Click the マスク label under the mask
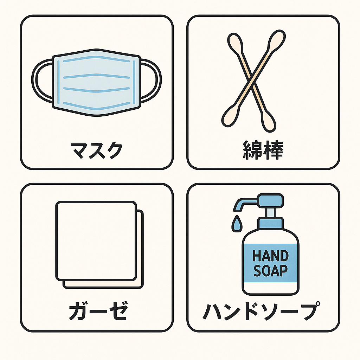97,150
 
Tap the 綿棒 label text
263,150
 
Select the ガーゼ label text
97,311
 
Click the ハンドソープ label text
262,311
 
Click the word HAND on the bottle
270,256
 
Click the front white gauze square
96,240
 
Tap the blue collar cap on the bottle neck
270,223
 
